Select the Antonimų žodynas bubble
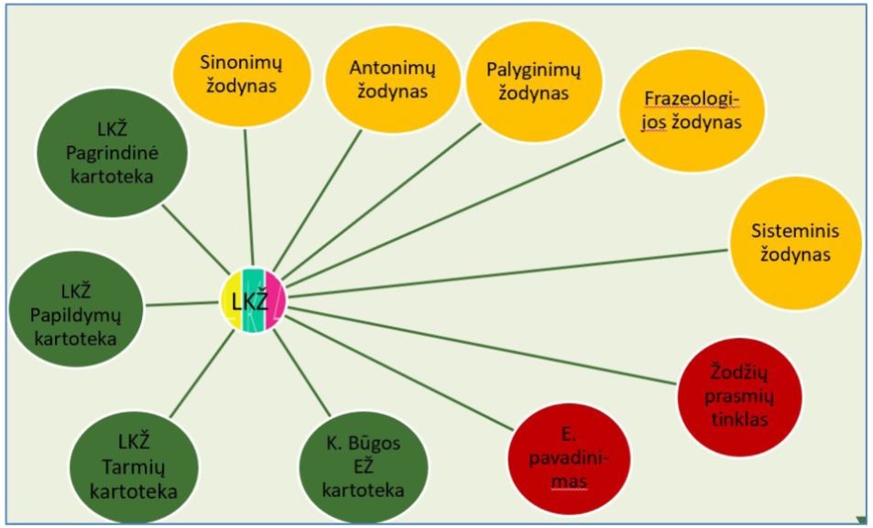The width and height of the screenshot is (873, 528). point(392,80)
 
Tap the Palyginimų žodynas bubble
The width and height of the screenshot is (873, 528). point(529,80)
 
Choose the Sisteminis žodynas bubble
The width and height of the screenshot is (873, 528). point(795,242)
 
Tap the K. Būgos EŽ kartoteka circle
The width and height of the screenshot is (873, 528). point(364,466)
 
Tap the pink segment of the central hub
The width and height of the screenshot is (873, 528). point(276,300)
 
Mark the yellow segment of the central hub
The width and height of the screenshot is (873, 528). point(229,300)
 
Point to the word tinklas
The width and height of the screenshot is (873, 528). point(743,420)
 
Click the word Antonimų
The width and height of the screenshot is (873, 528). point(392,68)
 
